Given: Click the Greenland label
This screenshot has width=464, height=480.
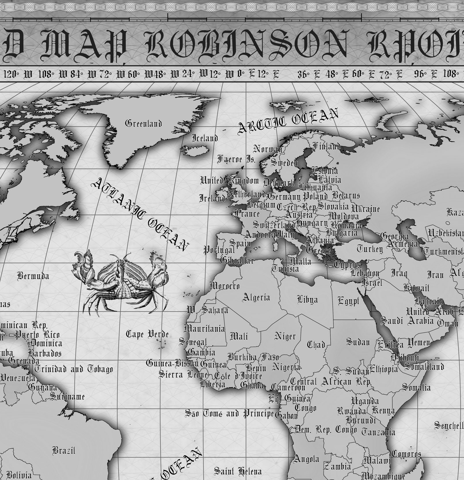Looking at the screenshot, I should [x=143, y=124].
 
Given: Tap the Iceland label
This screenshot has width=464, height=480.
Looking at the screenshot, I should [x=205, y=138].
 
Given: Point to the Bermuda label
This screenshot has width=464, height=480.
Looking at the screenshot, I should [x=33, y=276].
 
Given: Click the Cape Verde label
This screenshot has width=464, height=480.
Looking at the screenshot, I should [x=147, y=334].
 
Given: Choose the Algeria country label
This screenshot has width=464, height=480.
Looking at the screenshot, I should [x=256, y=297].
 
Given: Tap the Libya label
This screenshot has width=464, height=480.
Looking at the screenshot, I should [x=307, y=300].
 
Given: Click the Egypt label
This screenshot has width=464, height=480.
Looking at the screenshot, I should [x=348, y=301].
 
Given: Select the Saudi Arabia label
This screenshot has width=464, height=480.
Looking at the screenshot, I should [x=407, y=320].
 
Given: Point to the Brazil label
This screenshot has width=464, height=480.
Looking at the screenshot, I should [x=64, y=450].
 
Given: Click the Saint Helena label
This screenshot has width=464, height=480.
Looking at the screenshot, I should [x=238, y=471].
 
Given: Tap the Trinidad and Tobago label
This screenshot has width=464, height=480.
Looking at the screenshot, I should [x=74, y=369].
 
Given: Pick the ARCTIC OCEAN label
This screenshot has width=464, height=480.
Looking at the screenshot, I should [x=288, y=121].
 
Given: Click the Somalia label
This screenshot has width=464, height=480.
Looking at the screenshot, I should [x=416, y=387].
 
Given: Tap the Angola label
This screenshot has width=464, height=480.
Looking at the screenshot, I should [x=306, y=459].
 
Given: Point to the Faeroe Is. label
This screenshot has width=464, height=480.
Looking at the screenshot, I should [x=236, y=159].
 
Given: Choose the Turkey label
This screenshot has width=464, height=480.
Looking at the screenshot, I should [x=370, y=248].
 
